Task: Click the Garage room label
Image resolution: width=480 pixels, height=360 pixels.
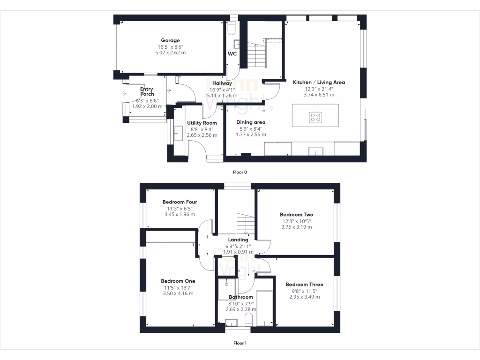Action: coord(170,41)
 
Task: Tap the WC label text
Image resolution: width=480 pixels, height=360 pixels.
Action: coord(232,54)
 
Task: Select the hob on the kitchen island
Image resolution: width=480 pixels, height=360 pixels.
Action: coord(315,117)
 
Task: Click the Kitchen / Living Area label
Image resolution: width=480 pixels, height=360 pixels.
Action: coord(319,82)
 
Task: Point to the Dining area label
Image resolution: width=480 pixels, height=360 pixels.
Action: coord(251,122)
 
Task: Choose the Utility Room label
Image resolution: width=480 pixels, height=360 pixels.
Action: coord(202,123)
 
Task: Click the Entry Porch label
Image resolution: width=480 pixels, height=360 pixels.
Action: coord(147,91)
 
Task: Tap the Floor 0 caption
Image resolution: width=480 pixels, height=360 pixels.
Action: coord(240,172)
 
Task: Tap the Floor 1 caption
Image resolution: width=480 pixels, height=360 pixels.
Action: coord(240,343)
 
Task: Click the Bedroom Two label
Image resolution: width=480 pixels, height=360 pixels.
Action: coord(297,215)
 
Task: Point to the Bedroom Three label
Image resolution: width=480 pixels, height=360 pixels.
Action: coord(304,285)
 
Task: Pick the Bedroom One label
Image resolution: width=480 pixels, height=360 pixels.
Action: coord(179,281)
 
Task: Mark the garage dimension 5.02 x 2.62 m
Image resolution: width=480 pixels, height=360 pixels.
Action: coord(170,53)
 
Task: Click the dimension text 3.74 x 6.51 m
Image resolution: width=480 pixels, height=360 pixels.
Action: coord(319,95)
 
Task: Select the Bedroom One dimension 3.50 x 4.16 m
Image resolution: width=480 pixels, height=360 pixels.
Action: coord(178,293)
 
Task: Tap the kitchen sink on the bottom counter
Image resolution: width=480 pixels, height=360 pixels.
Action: coord(316,150)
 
